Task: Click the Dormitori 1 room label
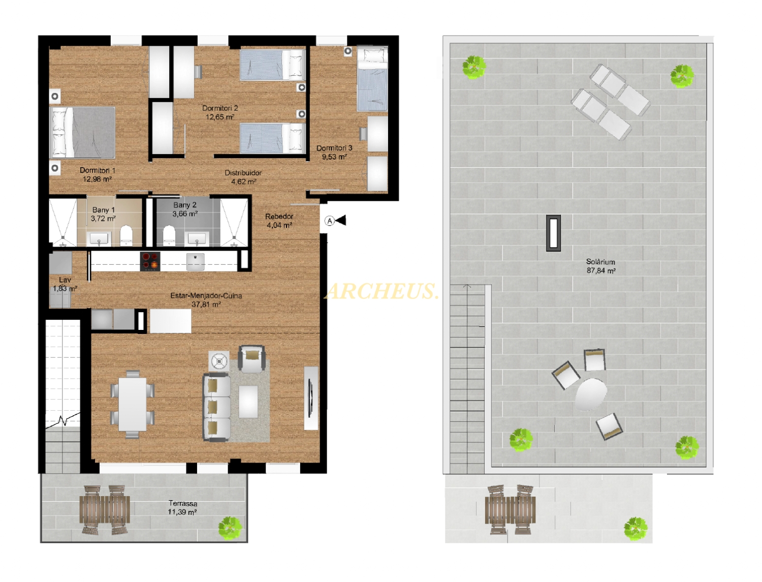pyautogui.click(x=98, y=170)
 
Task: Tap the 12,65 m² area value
pyautogui.click(x=220, y=117)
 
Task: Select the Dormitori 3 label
pyautogui.click(x=334, y=148)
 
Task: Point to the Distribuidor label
pyautogui.click(x=243, y=173)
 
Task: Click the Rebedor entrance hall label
pyautogui.click(x=279, y=216)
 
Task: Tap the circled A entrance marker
pyautogui.click(x=330, y=221)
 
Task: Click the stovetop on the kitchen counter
pyautogui.click(x=150, y=261)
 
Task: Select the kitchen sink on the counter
pyautogui.click(x=196, y=261)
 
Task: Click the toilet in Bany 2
pyautogui.click(x=169, y=236)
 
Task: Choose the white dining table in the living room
pyautogui.click(x=132, y=404)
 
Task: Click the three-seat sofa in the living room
pyautogui.click(x=216, y=407)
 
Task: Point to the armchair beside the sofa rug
pyautogui.click(x=251, y=359)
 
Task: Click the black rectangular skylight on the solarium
pyautogui.click(x=553, y=233)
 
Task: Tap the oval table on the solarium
pyautogui.click(x=591, y=394)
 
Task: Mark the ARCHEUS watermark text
pyautogui.click(x=382, y=291)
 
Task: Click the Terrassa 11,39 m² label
pyautogui.click(x=182, y=507)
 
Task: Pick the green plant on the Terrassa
pyautogui.click(x=230, y=528)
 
